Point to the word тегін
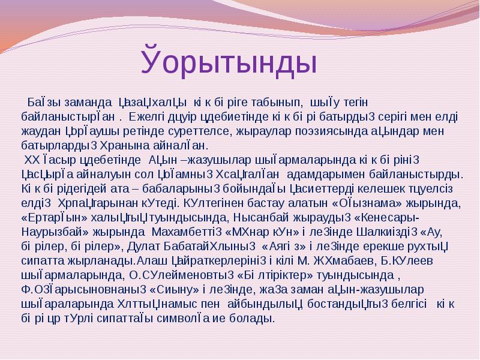(x=356, y=103)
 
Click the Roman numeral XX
(x=31, y=160)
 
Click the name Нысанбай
(x=261, y=218)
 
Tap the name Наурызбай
(x=55, y=232)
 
